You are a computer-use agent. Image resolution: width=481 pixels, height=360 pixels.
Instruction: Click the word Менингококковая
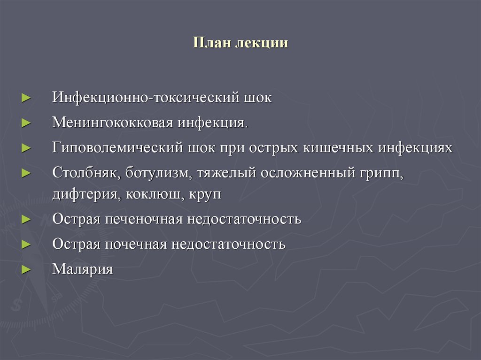pos(113,123)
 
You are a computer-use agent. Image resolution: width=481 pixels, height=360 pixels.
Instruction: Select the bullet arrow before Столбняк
pos(26,173)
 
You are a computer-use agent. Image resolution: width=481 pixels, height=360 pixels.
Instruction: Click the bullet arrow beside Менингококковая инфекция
pos(26,123)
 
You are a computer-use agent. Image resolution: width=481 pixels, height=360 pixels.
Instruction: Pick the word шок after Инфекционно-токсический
pos(257,98)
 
